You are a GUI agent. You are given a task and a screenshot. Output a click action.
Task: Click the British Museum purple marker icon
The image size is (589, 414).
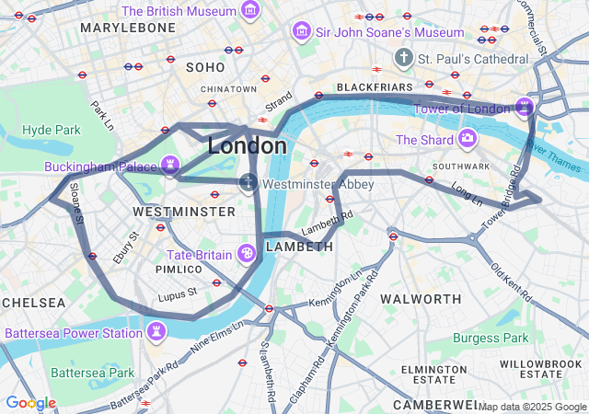click(x=249, y=11)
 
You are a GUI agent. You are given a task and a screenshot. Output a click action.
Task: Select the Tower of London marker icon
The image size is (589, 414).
click(x=524, y=108)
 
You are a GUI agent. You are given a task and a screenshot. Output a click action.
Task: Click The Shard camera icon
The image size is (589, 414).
click(x=468, y=139)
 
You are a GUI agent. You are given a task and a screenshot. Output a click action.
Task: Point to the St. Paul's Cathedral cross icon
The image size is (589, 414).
click(x=403, y=58)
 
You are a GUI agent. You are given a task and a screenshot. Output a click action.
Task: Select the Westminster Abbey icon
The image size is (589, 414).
click(x=248, y=183)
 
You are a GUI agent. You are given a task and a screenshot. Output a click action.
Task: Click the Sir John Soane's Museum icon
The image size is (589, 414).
click(x=300, y=32)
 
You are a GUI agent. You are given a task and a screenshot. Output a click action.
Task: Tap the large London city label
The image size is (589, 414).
click(x=247, y=145)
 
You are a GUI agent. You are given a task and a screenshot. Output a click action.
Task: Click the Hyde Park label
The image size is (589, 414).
click(x=52, y=130)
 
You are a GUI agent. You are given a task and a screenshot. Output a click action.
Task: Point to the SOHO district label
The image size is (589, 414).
click(x=205, y=67)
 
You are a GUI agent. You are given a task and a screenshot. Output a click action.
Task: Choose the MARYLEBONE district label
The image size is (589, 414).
click(x=128, y=29)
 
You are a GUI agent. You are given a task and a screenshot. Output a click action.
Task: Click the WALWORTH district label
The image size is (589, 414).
click(x=421, y=299)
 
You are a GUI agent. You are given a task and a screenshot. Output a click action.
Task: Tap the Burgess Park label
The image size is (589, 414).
click(x=491, y=338)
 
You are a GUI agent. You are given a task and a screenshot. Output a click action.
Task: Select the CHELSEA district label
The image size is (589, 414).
click(x=33, y=303)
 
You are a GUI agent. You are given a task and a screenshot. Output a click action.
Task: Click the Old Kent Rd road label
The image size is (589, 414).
click(x=512, y=283)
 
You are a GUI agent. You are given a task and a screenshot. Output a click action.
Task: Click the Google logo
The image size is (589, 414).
click(x=30, y=403)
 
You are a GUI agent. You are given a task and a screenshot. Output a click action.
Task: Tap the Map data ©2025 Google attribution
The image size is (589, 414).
click(x=531, y=407)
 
